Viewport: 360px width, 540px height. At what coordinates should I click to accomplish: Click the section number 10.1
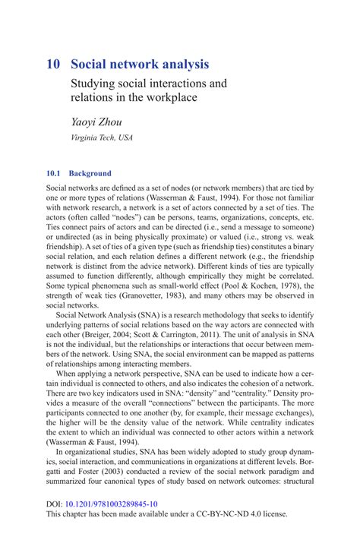coord(55,173)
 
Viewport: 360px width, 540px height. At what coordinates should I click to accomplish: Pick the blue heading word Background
coord(90,173)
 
